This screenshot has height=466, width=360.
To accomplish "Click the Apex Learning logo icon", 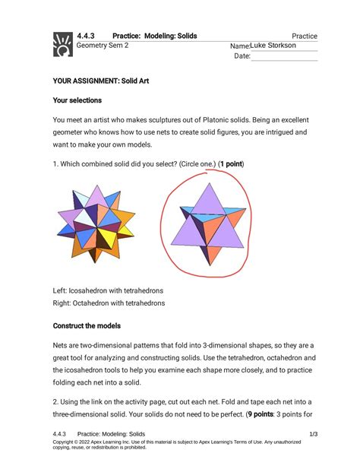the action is [x=61, y=44].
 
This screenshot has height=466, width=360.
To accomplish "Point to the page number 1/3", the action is [x=312, y=433].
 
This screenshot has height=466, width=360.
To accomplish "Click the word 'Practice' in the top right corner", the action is [x=304, y=36].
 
